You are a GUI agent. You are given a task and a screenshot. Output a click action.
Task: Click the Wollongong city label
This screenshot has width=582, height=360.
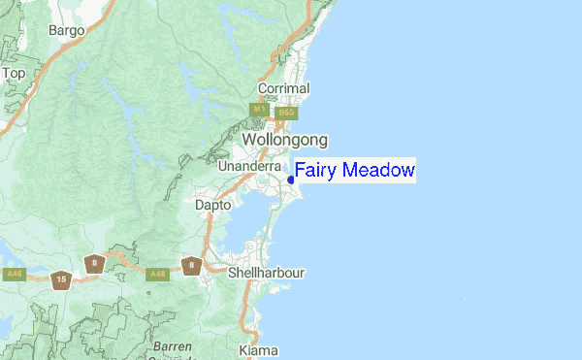coord(284,140)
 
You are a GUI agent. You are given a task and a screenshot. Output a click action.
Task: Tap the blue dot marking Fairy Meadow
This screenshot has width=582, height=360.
coord(291,179)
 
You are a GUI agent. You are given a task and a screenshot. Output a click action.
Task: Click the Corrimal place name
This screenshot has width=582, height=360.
coord(283,88)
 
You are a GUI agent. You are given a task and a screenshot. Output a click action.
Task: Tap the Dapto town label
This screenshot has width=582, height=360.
coord(213,206)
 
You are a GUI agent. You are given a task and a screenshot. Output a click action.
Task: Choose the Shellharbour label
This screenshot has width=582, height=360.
coord(266,273)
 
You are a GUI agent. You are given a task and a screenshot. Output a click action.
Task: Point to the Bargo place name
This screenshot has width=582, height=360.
coord(67,30)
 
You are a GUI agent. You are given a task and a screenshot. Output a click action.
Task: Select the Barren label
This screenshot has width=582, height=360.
coord(172,346)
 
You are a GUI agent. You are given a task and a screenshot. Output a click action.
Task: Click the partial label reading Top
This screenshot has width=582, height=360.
coord(14,73)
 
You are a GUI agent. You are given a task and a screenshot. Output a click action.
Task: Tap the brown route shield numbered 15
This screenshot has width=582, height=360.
coord(61,279)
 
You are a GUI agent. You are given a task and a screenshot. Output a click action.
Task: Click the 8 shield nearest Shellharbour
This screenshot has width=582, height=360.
coord(192,265)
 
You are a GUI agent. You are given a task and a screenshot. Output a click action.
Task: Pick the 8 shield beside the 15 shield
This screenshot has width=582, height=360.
coord(93,263)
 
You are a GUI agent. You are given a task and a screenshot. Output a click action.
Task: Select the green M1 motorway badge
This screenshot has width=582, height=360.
coord(259,111)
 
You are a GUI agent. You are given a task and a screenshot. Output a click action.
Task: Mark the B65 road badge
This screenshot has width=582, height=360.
coord(284,113)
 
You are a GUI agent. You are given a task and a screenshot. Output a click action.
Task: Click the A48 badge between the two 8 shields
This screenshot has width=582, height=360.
coord(155,275)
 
